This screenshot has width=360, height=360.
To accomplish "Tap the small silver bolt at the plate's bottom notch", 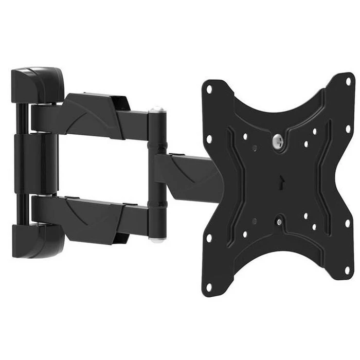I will (x=278, y=222).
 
